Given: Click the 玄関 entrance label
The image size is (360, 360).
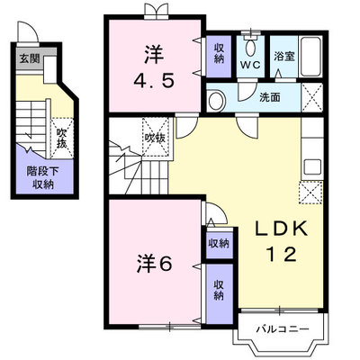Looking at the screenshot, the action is pyautogui.click(x=30, y=58).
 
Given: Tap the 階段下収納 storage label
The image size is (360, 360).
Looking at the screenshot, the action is pyautogui.click(x=43, y=177).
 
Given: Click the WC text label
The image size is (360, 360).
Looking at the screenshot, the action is pyautogui.click(x=250, y=66).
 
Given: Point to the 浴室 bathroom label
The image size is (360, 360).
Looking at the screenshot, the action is pyautogui.click(x=283, y=57).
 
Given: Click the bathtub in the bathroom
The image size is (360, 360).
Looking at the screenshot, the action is pyautogui.click(x=311, y=57).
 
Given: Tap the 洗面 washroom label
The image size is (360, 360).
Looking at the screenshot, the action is pyautogui.click(x=270, y=97).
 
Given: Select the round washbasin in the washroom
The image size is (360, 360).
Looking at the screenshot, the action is pyautogui.click(x=217, y=100).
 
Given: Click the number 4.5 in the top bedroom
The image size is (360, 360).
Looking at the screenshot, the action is pyautogui.click(x=154, y=81).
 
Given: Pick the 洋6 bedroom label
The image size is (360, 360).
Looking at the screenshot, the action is pyautogui.click(x=154, y=264).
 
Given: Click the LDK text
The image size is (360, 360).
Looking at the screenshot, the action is pyautogui.click(x=281, y=229).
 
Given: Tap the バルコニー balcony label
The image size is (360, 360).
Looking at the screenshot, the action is pyautogui.click(x=283, y=329).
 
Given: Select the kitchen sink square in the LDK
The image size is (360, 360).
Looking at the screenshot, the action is pyautogui.click(x=312, y=167).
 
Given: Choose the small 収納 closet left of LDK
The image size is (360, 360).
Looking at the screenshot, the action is pyautogui.click(x=219, y=243).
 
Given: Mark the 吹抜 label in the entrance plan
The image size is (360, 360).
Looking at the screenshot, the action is pyautogui.click(x=62, y=139).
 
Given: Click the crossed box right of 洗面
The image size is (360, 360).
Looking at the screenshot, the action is pyautogui.click(x=312, y=97).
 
